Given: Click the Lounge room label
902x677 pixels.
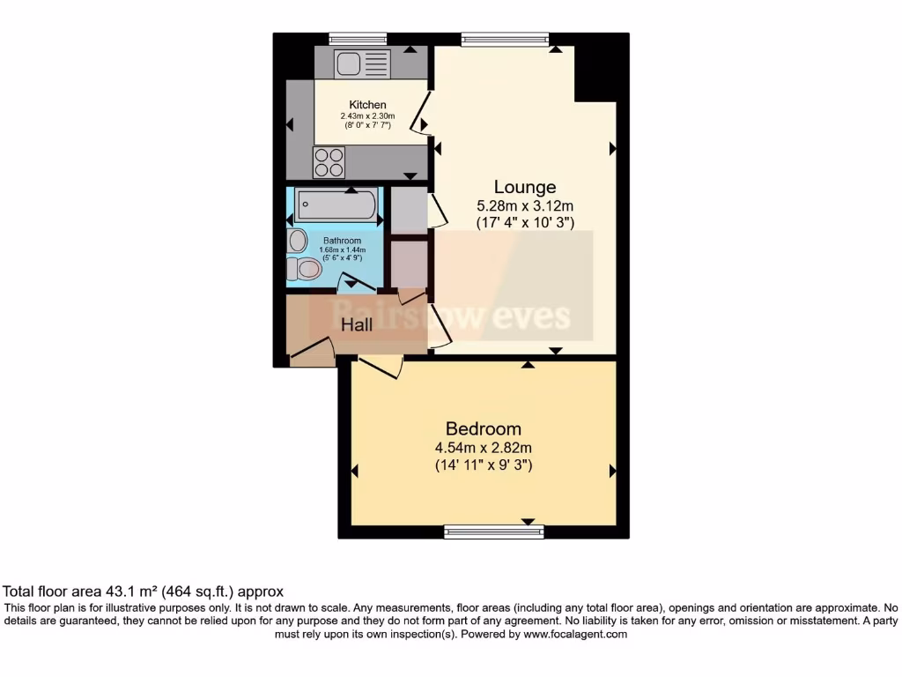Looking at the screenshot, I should (525, 187).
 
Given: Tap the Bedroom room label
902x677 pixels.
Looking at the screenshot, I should (484, 428).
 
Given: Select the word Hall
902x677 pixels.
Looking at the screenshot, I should (357, 324).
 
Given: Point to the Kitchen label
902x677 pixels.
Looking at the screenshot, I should (367, 105).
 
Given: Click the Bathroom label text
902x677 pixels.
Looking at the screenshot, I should (342, 241).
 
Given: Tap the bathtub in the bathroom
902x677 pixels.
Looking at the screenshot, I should (335, 207).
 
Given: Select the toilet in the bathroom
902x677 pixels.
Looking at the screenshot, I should (306, 270).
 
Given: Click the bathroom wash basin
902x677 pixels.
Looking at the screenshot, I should (297, 240).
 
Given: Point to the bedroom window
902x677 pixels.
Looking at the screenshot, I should (494, 531).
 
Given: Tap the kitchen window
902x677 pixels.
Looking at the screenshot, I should (358, 38).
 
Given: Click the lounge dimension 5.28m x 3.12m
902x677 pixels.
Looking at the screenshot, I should (525, 207).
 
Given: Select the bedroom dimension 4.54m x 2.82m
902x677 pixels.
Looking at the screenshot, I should (484, 448).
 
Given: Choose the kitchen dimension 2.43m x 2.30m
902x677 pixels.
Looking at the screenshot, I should (367, 116).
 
